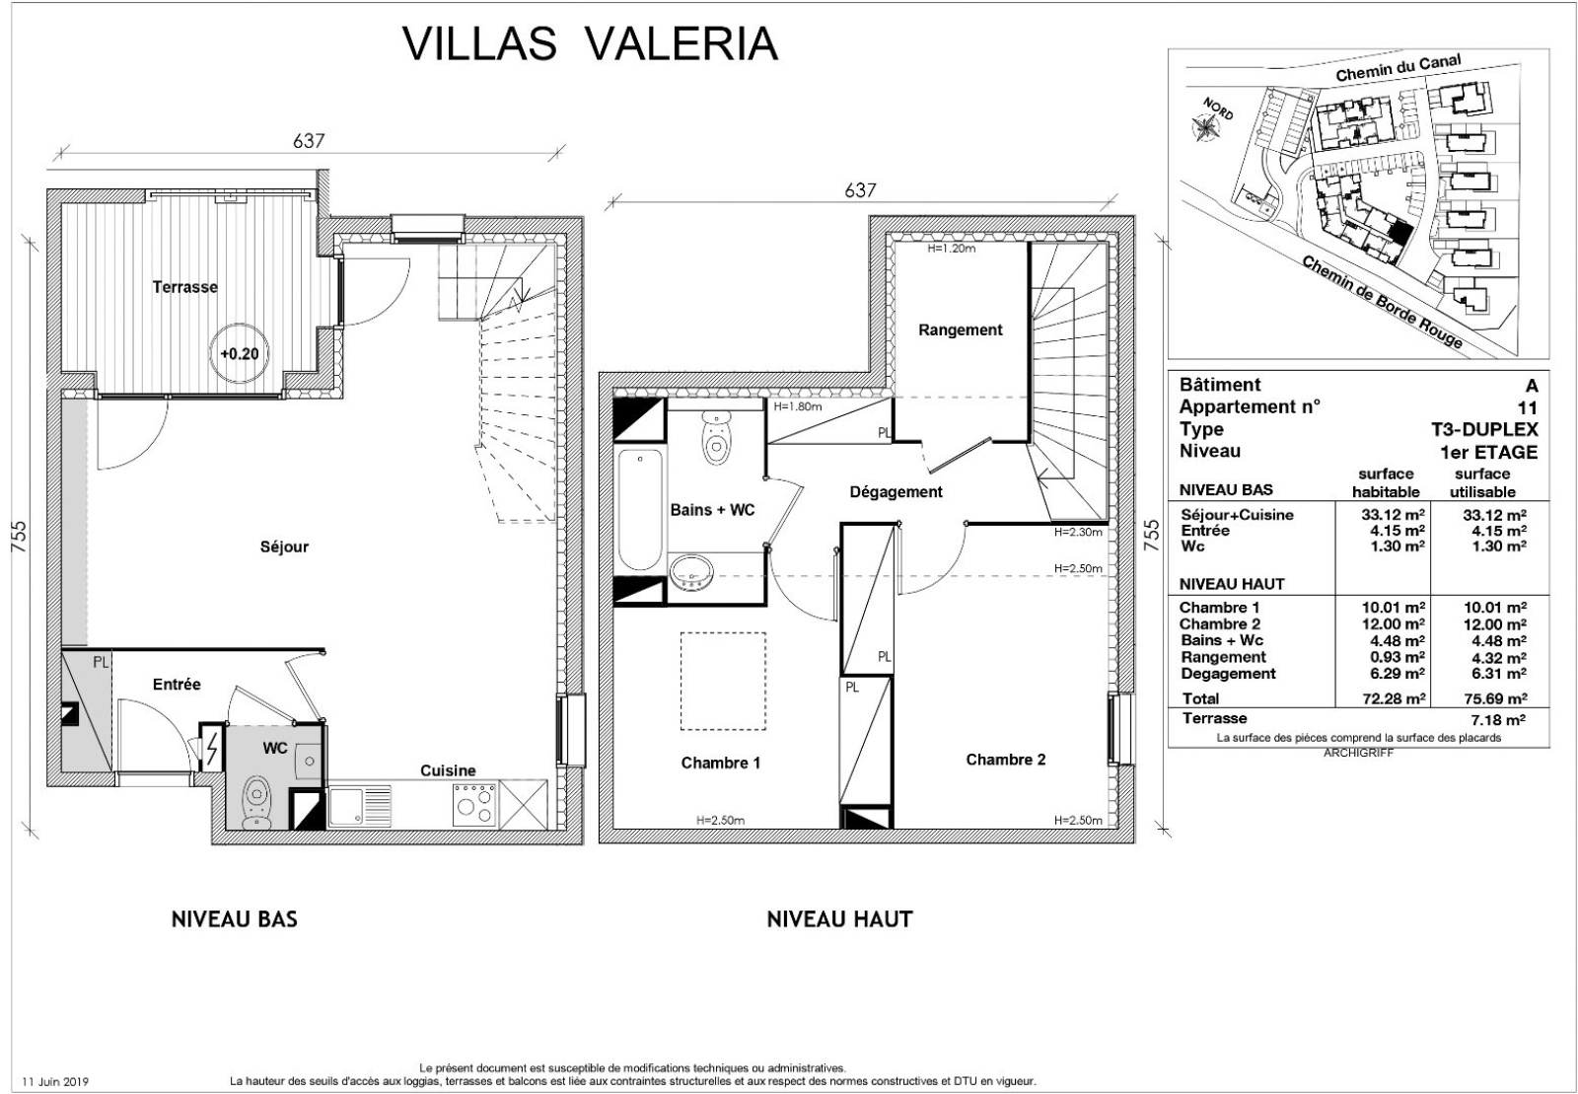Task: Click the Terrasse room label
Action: pyautogui.click(x=185, y=287)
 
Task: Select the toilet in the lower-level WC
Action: pyautogui.click(x=256, y=802)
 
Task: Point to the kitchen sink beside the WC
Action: pyautogui.click(x=360, y=807)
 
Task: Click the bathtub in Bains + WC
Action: pyautogui.click(x=640, y=509)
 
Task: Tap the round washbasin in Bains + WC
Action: pyautogui.click(x=691, y=573)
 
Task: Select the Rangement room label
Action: pyautogui.click(x=961, y=329)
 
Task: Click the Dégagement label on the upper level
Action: pyautogui.click(x=896, y=492)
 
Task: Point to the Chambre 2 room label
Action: pyautogui.click(x=1005, y=760)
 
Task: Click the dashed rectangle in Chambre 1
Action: pyautogui.click(x=723, y=682)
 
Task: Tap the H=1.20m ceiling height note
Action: pyautogui.click(x=951, y=249)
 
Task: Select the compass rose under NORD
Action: pyautogui.click(x=1206, y=127)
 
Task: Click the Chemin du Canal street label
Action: pyautogui.click(x=1399, y=68)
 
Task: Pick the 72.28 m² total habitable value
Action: pyautogui.click(x=1394, y=698)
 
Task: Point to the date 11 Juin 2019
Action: pyautogui.click(x=55, y=1081)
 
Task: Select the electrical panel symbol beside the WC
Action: pyautogui.click(x=211, y=747)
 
